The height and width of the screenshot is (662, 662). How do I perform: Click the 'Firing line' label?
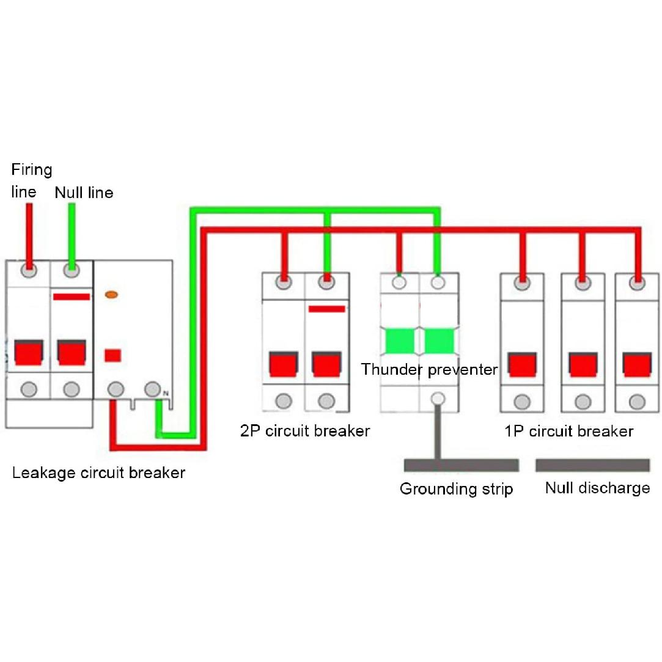click(32, 180)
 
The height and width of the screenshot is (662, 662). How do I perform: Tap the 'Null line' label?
click(84, 193)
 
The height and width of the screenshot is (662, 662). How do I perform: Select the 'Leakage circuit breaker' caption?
click(98, 473)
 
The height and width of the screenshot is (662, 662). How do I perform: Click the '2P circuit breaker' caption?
click(305, 431)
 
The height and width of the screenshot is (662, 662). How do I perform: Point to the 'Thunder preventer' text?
click(429, 369)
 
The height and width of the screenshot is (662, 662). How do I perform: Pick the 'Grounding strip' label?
click(456, 489)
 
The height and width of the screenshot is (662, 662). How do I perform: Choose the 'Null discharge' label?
click(597, 488)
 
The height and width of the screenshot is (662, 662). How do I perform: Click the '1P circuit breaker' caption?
click(568, 431)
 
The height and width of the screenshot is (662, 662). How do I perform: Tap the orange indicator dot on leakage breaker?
click(112, 295)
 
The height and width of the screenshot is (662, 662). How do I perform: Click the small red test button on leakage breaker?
click(112, 355)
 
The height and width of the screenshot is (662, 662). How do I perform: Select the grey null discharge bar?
click(592, 465)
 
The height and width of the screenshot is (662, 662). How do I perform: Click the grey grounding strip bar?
click(461, 465)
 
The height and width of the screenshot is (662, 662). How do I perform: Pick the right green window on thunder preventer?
click(438, 340)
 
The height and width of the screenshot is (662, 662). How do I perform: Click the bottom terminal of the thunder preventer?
click(437, 399)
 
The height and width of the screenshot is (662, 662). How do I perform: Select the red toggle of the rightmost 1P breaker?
click(637, 364)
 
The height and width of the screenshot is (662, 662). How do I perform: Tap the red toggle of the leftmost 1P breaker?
click(522, 364)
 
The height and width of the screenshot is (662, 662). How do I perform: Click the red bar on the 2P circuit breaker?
click(327, 309)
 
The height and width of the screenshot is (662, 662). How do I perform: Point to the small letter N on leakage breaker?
click(165, 393)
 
